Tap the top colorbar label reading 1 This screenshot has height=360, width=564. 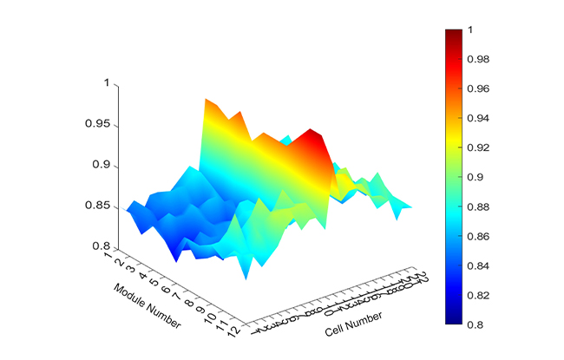[472, 29]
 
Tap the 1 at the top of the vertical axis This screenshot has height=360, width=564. [107, 83]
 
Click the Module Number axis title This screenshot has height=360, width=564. [147, 305]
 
